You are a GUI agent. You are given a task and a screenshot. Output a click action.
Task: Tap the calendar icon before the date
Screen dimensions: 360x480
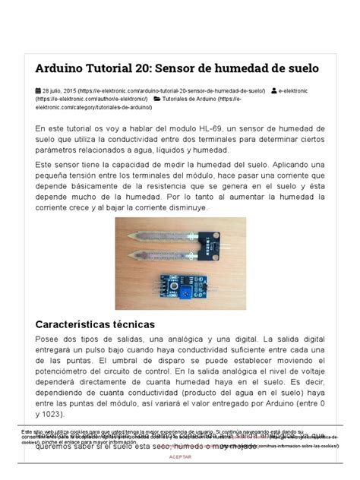tap(38, 89)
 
